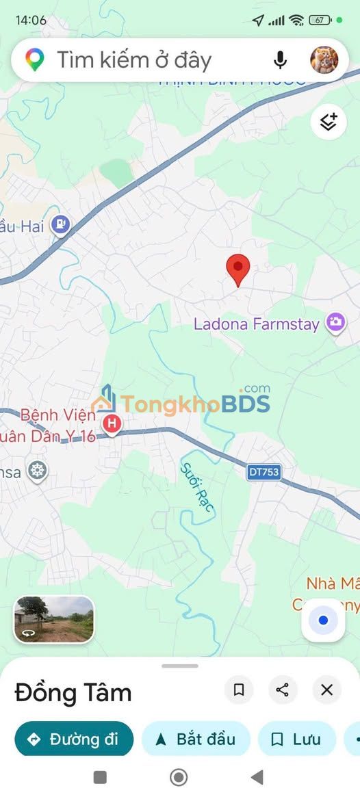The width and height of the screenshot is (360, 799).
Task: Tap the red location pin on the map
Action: tap(238, 269)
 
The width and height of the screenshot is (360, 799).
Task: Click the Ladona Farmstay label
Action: tap(257, 324)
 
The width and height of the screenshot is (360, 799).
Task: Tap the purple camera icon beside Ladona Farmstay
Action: tap(335, 322)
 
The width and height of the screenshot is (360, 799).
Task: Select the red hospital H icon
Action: tap(112, 425)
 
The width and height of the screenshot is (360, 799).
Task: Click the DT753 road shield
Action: tap(264, 472)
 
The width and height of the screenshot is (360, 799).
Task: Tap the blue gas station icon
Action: tap(61, 223)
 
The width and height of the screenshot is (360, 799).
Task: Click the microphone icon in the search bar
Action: tap(280, 60)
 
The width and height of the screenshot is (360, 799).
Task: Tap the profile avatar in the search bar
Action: tap(324, 60)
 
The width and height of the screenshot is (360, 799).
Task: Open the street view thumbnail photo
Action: tap(54, 619)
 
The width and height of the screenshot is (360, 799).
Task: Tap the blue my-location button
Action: tap(324, 620)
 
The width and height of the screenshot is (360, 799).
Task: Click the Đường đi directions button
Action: tap(74, 739)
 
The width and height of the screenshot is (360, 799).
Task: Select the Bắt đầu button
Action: tap(196, 739)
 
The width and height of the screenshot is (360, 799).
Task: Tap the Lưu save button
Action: tap(296, 739)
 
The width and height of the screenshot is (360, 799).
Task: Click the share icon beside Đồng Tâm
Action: tap(282, 690)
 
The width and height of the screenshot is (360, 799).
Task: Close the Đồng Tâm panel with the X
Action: tap(327, 690)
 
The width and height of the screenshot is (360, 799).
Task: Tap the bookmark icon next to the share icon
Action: tap(239, 690)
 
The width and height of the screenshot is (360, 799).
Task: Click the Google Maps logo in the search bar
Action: tap(34, 60)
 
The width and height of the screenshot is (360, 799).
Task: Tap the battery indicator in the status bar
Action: tap(320, 20)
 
